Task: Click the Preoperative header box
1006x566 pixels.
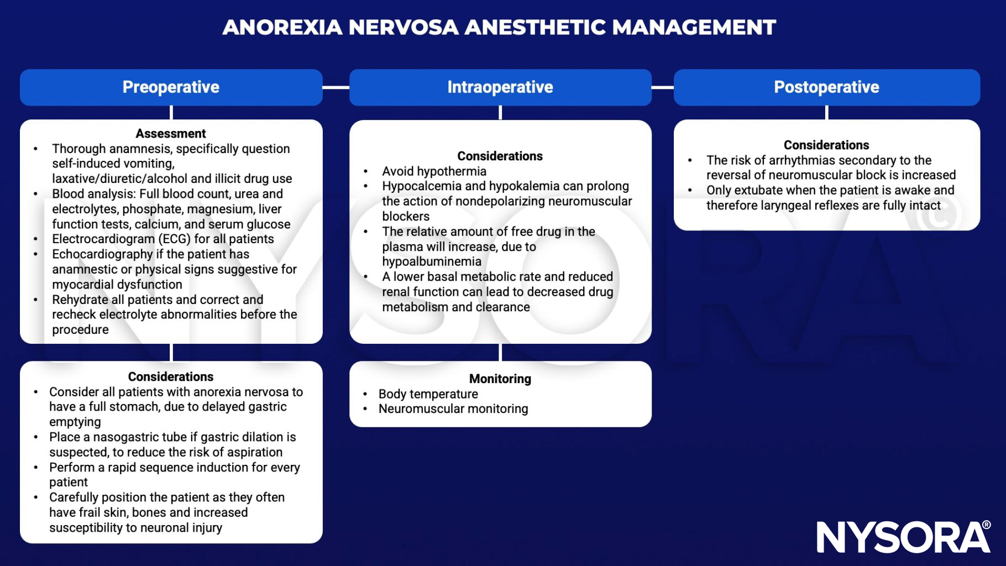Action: pos(171,87)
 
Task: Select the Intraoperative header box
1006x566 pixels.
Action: pos(500,87)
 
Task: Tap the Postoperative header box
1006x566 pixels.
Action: pos(826,87)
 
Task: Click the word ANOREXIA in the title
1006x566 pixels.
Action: pos(282,27)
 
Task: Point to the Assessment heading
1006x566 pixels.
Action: pos(171,133)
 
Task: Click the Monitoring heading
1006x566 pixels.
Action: pos(500,379)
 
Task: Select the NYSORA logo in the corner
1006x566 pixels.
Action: pos(903,536)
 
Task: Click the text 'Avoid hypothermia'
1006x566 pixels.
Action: pos(434,171)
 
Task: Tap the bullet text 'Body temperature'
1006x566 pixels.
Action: pos(428,394)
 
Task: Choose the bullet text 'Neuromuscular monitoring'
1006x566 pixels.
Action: pos(453,409)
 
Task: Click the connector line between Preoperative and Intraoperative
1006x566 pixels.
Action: pos(336,87)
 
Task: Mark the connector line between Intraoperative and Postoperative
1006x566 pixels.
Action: pos(662,87)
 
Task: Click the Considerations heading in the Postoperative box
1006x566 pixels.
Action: pos(826,145)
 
